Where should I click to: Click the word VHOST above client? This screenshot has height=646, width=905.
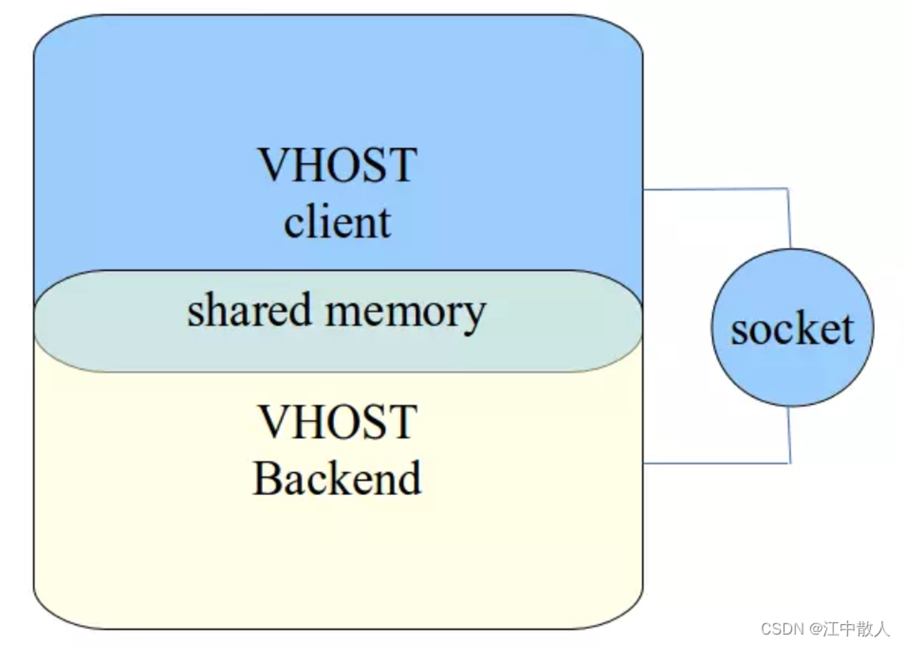coord(337,165)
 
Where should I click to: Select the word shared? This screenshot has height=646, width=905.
coord(250,309)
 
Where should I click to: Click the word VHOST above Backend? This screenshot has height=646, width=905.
coord(337,422)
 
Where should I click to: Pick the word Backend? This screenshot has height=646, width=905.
coord(337,478)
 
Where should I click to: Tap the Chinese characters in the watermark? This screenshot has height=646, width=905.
coord(856,629)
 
